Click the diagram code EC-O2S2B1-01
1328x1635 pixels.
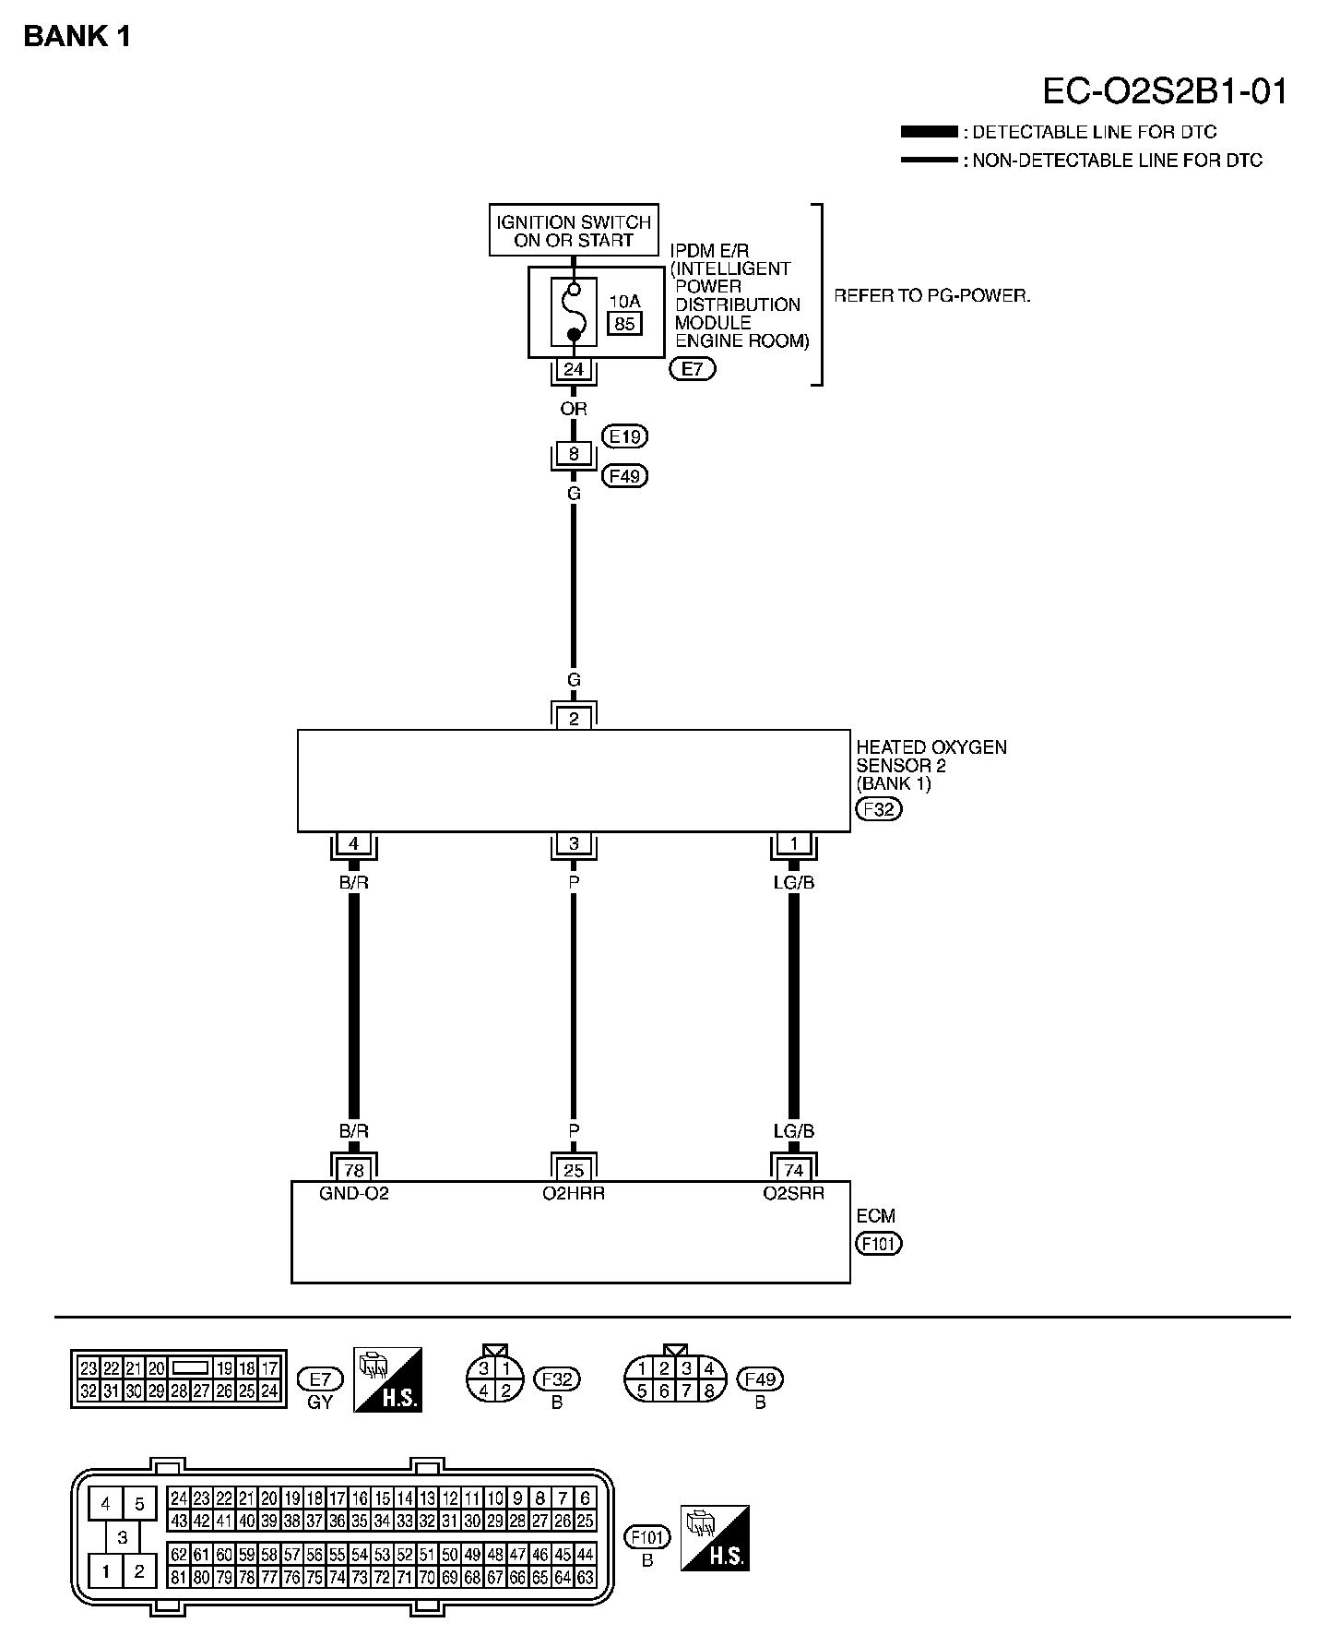tap(1164, 91)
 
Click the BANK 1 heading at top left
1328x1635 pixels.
tap(77, 36)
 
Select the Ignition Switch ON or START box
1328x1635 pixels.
tap(574, 230)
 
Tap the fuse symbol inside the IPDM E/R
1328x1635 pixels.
tap(574, 312)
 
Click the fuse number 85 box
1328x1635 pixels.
tap(624, 323)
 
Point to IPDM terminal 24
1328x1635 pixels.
tap(574, 369)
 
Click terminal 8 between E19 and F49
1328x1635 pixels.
tap(574, 454)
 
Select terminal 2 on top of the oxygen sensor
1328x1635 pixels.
tap(574, 719)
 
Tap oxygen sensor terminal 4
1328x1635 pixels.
tap(353, 843)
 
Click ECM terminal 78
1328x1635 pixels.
tap(353, 1170)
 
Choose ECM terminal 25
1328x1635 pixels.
tap(574, 1170)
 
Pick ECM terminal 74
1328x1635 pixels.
tap(794, 1170)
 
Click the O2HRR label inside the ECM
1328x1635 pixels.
tap(574, 1193)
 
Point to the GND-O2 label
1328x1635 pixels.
tap(354, 1193)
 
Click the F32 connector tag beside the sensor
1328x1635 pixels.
tap(879, 809)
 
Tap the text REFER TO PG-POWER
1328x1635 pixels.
tap(931, 296)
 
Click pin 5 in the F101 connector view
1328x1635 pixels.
tap(139, 1504)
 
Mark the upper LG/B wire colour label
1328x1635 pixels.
tap(794, 882)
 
